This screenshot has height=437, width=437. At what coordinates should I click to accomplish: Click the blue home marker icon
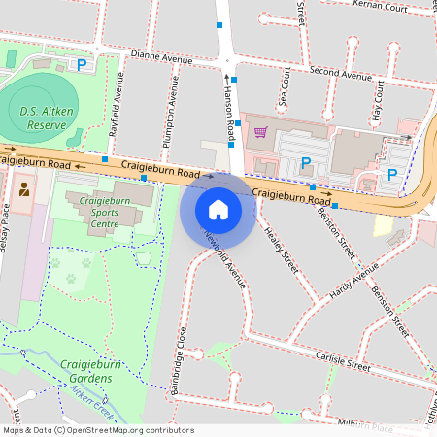click(x=218, y=209)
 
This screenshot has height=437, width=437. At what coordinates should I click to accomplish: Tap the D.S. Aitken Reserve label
click(x=43, y=118)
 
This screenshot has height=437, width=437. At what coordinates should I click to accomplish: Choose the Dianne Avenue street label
click(x=162, y=58)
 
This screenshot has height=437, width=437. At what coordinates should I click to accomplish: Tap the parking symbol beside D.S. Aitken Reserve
click(x=82, y=66)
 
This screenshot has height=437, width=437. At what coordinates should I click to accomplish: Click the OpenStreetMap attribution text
click(x=98, y=429)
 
